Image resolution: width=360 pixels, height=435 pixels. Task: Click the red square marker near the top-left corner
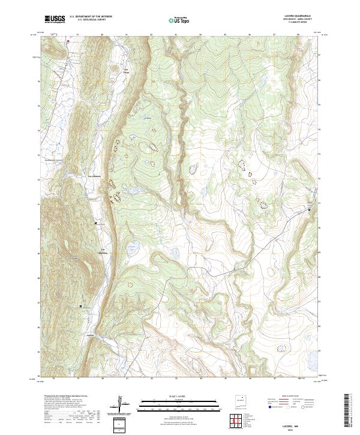(68, 41)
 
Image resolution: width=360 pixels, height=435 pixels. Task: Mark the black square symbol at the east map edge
(310, 209)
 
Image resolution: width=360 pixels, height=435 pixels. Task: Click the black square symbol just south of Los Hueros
(95, 223)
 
